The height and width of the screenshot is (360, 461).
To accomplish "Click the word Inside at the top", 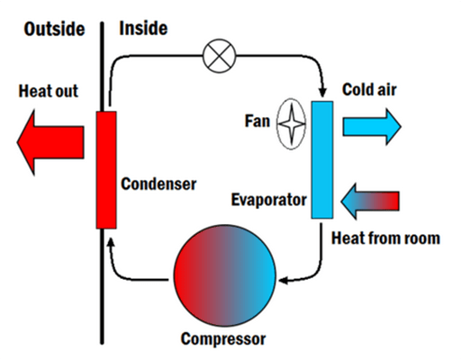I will (143, 29).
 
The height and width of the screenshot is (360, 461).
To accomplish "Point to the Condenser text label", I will (158, 184).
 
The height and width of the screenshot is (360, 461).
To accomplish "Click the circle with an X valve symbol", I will (218, 57).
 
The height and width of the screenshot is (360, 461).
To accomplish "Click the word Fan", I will (257, 119).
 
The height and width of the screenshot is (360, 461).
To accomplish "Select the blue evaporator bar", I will (322, 159).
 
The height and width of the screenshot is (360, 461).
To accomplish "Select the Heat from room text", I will (385, 238).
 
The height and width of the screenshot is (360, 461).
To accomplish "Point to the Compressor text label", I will (223, 340).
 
